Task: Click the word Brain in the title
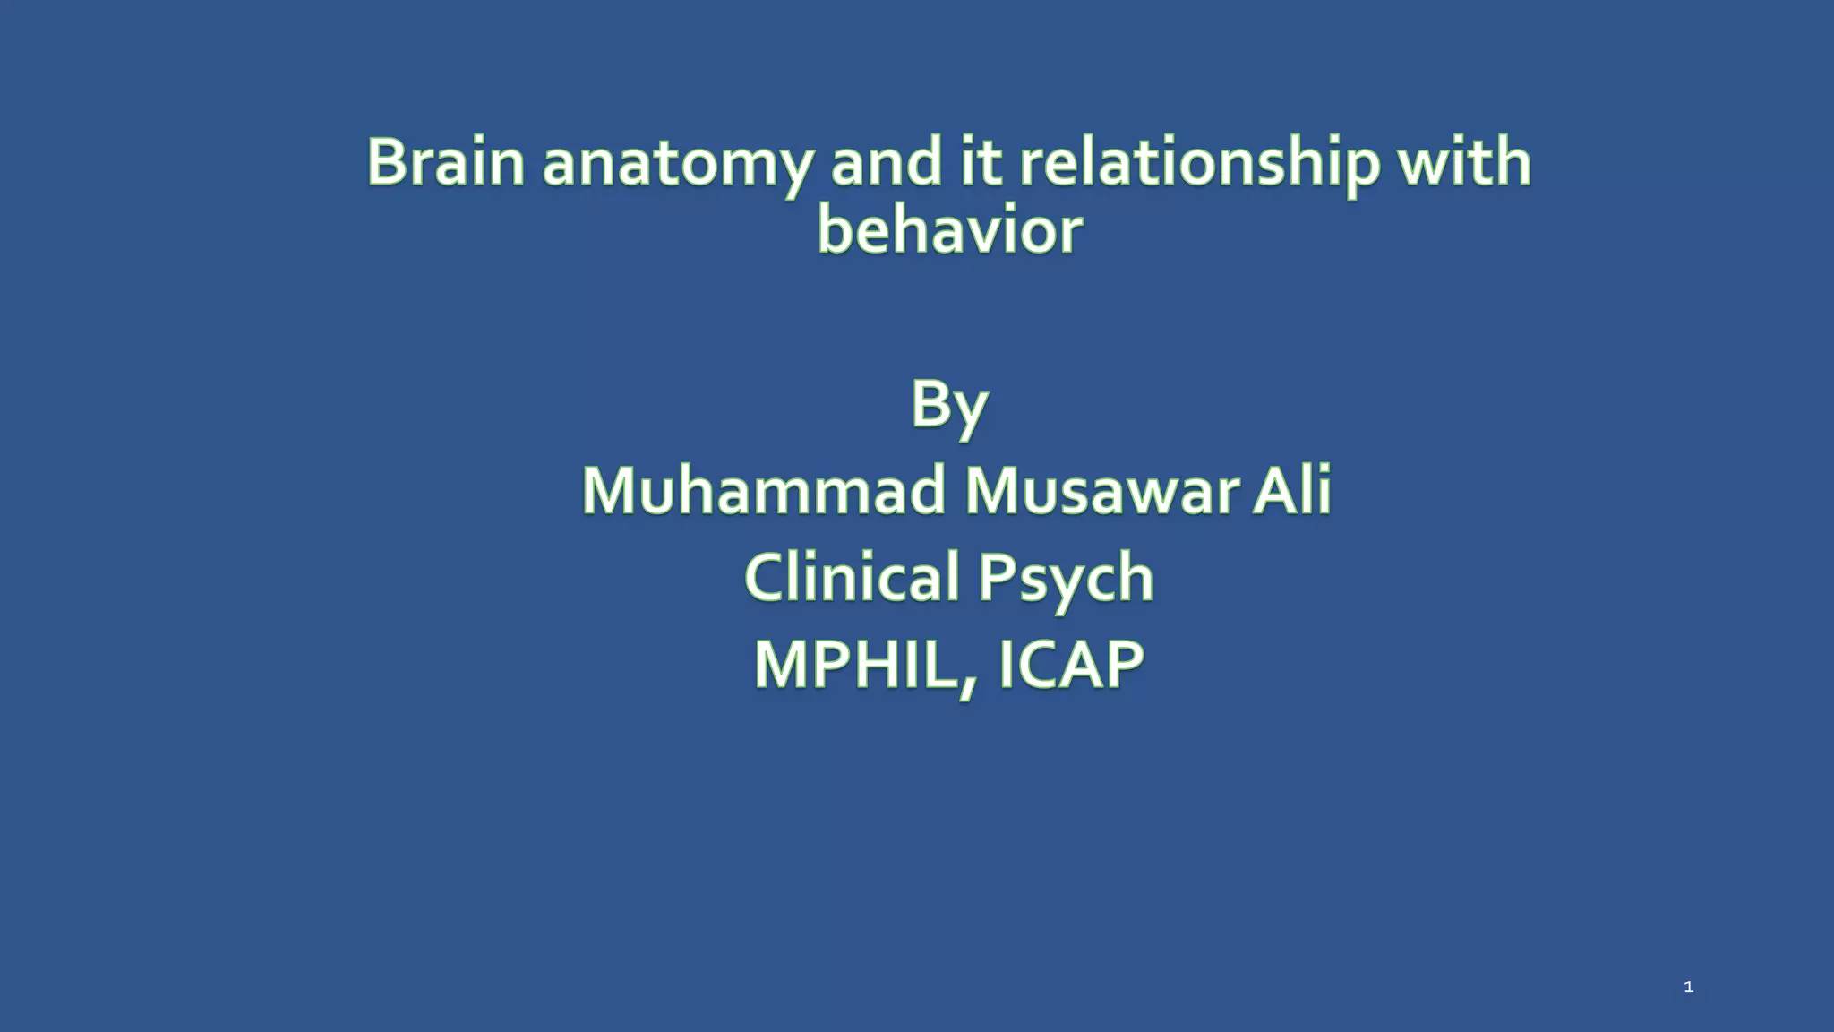[445, 163]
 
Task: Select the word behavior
[949, 231]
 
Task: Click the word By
[949, 406]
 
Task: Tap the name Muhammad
[764, 491]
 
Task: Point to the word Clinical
[852, 577]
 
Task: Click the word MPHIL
[860, 665]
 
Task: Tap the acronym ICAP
[1070, 665]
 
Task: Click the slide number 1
[1688, 987]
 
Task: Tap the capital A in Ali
[1273, 491]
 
